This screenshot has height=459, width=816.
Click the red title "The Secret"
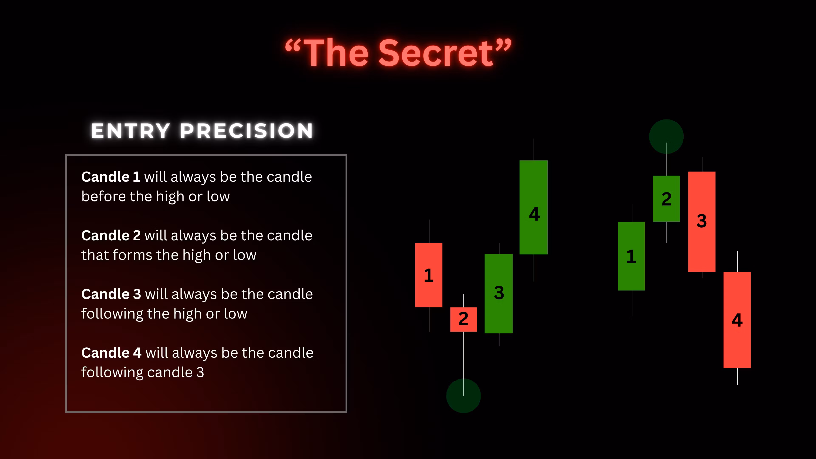398,52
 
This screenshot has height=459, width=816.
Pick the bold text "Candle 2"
111,235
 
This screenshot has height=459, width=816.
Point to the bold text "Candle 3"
111,294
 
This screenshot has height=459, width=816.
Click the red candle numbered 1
429,275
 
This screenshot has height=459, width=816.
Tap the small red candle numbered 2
463,319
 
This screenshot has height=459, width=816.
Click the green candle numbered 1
631,256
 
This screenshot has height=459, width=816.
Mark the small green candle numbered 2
666,199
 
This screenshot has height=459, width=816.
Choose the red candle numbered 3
702,222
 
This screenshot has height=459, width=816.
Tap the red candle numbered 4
737,320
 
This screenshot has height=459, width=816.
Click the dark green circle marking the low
463,396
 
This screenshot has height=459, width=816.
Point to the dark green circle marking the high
666,136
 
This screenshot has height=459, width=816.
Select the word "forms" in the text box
132,255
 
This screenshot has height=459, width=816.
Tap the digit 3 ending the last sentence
200,372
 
